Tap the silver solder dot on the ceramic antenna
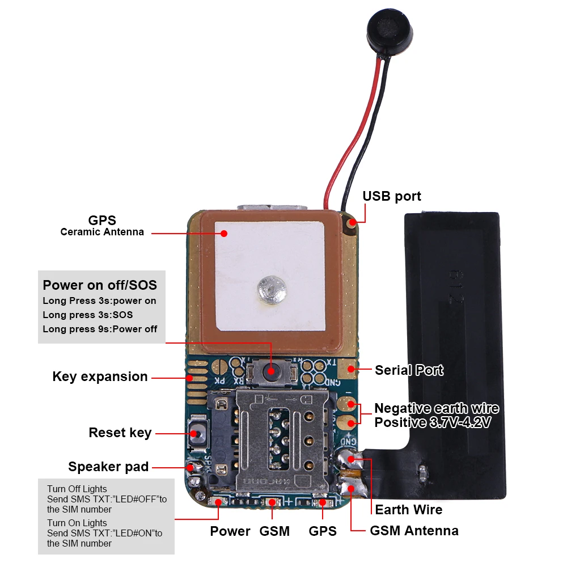(272, 290)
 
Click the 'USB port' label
(392, 196)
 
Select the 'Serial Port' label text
(409, 370)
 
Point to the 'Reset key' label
(120, 433)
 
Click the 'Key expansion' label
(100, 376)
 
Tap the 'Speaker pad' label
(108, 467)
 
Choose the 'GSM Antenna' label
(414, 531)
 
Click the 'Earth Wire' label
(409, 510)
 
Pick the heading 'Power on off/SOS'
(100, 285)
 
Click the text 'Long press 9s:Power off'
(100, 329)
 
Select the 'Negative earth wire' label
(437, 408)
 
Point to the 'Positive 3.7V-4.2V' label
(433, 422)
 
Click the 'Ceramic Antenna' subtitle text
(102, 232)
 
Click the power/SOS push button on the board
(271, 371)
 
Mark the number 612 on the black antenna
(456, 286)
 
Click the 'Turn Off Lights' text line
(77, 489)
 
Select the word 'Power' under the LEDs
(230, 531)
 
